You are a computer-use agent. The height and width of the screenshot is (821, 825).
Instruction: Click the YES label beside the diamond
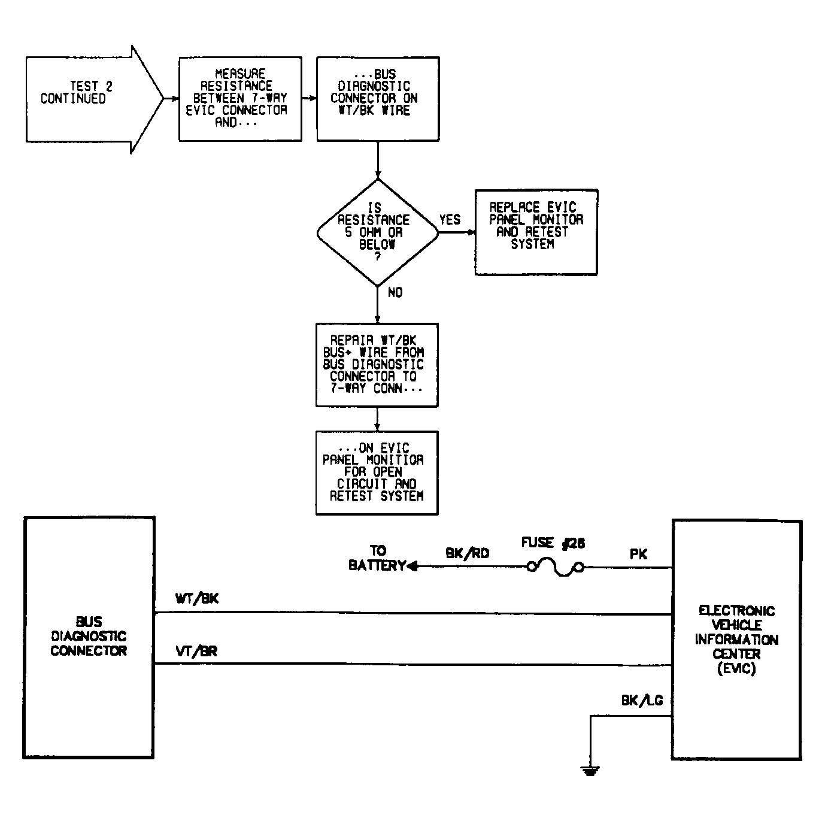point(450,220)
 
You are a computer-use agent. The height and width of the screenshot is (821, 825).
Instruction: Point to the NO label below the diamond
point(395,292)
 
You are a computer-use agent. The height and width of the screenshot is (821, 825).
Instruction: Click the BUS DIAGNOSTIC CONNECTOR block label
point(89,636)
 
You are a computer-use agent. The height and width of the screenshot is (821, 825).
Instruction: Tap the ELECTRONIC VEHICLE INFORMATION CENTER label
point(736,640)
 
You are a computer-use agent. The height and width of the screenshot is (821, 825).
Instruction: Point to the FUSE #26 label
point(553,543)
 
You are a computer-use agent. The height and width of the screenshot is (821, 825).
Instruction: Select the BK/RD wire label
point(467,553)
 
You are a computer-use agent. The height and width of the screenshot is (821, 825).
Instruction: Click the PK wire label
point(638,554)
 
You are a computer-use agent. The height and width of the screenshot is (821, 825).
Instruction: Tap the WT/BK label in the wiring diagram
point(197,598)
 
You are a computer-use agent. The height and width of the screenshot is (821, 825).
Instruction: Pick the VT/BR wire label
point(196,652)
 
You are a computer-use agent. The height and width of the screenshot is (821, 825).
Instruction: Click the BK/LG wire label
point(642,701)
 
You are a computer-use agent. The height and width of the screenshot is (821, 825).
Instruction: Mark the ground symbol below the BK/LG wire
point(590,771)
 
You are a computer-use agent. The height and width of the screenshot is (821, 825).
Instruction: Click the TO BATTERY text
point(377,558)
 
